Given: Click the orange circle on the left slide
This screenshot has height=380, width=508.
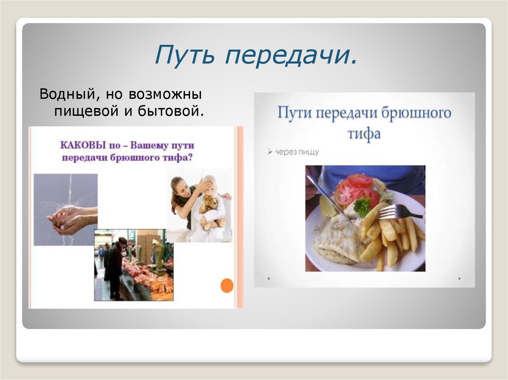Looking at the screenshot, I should (226, 285).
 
